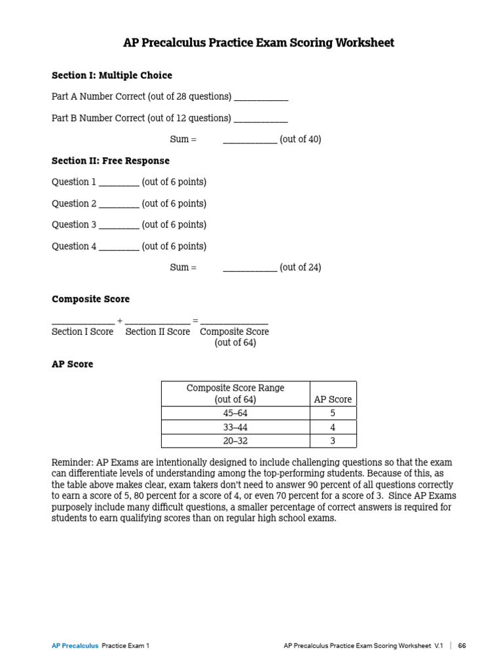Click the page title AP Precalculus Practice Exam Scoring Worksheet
click(x=259, y=43)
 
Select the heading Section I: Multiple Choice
click(x=112, y=75)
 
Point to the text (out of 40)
click(x=301, y=140)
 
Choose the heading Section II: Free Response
click(x=111, y=161)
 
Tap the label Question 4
click(x=74, y=246)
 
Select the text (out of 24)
click(x=301, y=267)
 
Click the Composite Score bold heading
click(x=90, y=299)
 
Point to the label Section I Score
click(x=83, y=332)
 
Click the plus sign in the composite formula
click(x=119, y=320)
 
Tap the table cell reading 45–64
click(x=236, y=413)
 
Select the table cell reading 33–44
click(x=236, y=427)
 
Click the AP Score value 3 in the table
click(x=333, y=441)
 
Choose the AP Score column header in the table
click(x=333, y=399)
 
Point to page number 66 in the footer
click(x=462, y=645)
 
